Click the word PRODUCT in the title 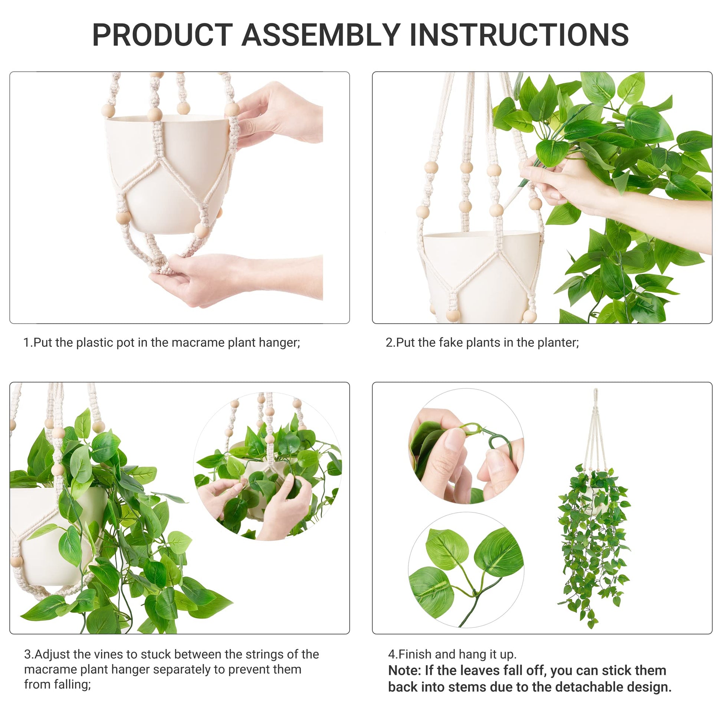(163, 35)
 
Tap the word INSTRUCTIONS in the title (519, 35)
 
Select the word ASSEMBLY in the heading (321, 35)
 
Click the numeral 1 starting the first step (26, 343)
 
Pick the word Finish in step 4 (415, 654)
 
